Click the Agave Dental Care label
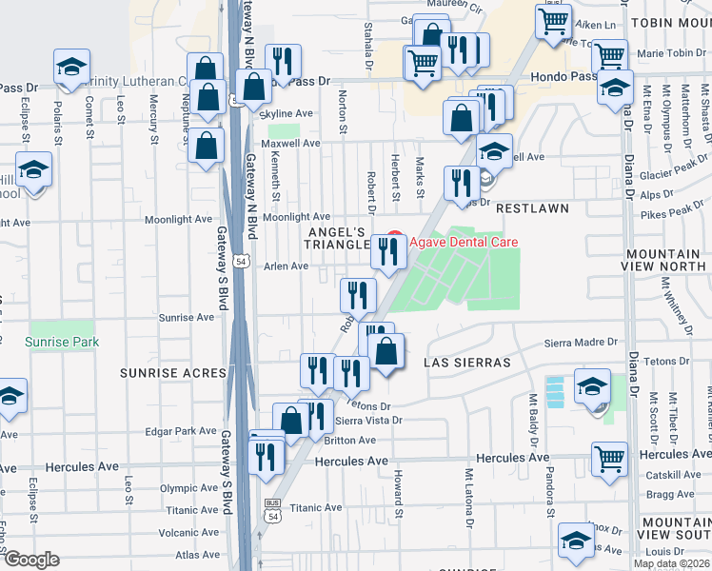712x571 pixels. click(x=464, y=242)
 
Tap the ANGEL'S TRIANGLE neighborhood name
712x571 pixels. click(x=336, y=238)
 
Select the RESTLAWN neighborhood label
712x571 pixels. click(x=531, y=207)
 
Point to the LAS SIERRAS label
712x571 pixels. click(x=469, y=363)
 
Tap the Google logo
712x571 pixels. click(x=30, y=560)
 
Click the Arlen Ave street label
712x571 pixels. click(x=286, y=266)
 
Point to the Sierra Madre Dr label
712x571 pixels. click(x=581, y=342)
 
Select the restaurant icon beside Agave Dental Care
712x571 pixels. click(x=387, y=251)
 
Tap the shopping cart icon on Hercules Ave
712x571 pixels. click(x=608, y=458)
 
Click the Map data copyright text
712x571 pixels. click(x=670, y=563)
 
